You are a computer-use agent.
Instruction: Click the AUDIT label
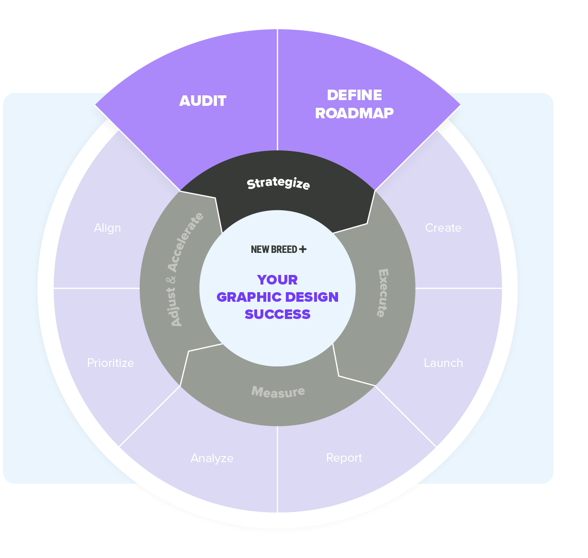(203, 101)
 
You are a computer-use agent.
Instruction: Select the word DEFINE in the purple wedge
(354, 95)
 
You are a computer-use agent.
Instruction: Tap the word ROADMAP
(354, 113)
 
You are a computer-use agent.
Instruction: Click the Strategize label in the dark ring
(278, 183)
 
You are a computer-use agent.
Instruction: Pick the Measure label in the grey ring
(278, 392)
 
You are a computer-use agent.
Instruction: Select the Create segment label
(443, 228)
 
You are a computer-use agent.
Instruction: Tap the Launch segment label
(443, 363)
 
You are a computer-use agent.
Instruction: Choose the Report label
(344, 458)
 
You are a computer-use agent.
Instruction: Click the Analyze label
(212, 458)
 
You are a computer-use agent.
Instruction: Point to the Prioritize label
(110, 363)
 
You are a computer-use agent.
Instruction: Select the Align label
(107, 228)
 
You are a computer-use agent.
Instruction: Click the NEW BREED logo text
(274, 250)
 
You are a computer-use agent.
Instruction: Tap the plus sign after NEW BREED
(303, 249)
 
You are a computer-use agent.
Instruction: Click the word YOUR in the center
(277, 280)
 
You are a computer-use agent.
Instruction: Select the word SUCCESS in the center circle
(277, 314)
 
